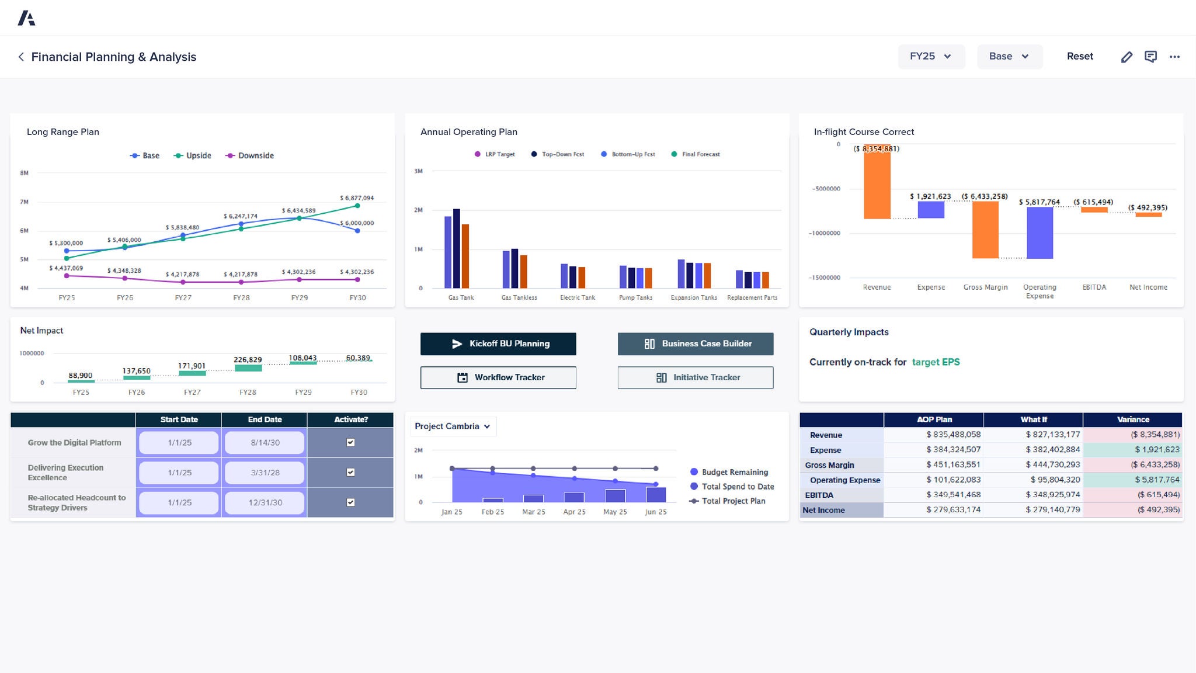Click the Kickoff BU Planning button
(x=498, y=344)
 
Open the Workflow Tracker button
(x=498, y=377)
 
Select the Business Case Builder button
(x=696, y=344)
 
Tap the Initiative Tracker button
(x=696, y=377)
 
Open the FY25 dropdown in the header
(x=931, y=57)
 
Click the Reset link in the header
(x=1080, y=57)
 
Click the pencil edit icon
(x=1127, y=57)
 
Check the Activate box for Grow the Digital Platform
(x=350, y=442)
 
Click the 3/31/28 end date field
(x=265, y=473)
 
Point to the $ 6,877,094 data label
(x=357, y=198)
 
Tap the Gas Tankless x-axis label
(x=519, y=297)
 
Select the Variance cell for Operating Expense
(x=1132, y=480)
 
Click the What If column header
(x=1033, y=419)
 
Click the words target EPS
(x=936, y=362)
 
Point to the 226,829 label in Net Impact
(x=248, y=360)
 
